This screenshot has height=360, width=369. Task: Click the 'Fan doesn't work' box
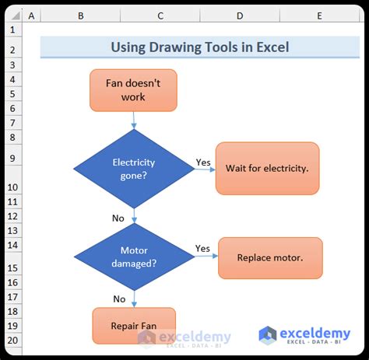[135, 90]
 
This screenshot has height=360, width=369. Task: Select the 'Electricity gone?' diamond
[135, 169]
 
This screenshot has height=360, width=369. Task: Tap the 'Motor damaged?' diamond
[135, 257]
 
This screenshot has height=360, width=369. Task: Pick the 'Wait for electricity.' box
[267, 168]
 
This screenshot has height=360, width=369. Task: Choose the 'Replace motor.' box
[269, 258]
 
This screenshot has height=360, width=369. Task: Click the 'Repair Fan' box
[134, 326]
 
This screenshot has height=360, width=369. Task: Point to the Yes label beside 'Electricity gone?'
[203, 163]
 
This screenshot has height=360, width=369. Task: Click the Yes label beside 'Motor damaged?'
[202, 249]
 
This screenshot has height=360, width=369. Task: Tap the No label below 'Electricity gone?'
[118, 218]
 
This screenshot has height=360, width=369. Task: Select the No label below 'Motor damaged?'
[119, 299]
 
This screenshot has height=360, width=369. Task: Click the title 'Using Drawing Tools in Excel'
[199, 47]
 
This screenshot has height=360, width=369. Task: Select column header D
[240, 16]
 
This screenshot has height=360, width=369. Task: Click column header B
[80, 16]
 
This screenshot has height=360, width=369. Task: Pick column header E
[320, 16]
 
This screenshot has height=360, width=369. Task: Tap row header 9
[12, 158]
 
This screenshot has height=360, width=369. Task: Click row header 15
[12, 267]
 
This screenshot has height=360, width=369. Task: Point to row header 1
[12, 30]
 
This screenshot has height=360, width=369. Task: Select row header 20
[12, 340]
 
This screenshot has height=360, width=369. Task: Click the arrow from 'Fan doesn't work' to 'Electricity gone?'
[135, 120]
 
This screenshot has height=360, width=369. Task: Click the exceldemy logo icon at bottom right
[268, 335]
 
